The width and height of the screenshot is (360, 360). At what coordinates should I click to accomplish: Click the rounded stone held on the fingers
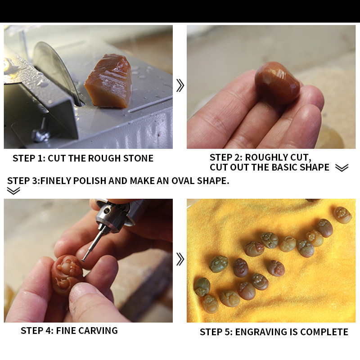coord(277,83)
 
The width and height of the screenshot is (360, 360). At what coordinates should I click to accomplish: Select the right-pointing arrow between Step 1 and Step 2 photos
coord(180,85)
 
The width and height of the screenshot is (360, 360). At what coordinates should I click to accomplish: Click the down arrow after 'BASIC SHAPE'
coord(342,167)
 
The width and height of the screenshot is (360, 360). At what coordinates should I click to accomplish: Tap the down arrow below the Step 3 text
coord(13,191)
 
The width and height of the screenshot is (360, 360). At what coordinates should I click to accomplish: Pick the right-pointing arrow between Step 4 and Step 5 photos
coord(180,259)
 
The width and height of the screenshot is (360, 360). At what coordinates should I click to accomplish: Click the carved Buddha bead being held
coord(67,274)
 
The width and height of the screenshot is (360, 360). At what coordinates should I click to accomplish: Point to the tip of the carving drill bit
coord(82,260)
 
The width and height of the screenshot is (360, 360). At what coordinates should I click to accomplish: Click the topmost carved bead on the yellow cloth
coord(342,215)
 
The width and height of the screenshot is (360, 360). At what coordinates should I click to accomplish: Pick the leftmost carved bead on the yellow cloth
coord(202,287)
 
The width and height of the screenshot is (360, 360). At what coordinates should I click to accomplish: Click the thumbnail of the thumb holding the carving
coord(81,289)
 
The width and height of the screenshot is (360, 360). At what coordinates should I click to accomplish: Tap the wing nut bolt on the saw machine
coord(41,134)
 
